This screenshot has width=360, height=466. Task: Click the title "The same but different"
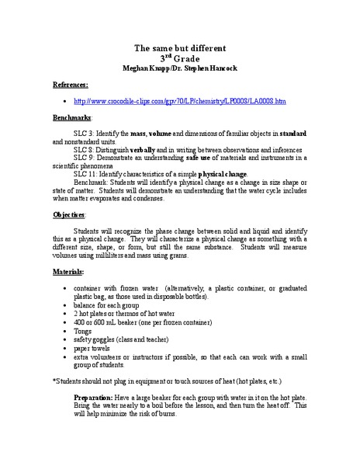[179, 47]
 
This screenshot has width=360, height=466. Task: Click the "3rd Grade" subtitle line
[179, 57]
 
